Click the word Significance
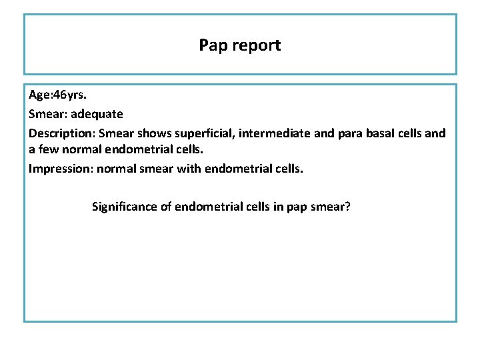pyautogui.click(x=124, y=207)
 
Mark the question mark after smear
pyautogui.click(x=348, y=207)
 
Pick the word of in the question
pyautogui.click(x=167, y=207)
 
